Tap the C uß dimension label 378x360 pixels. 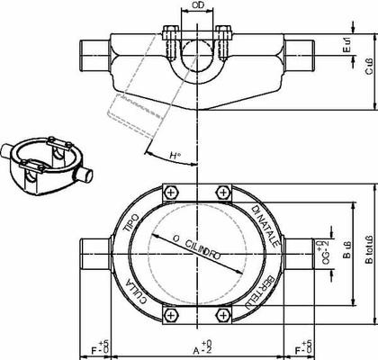pos(369,67)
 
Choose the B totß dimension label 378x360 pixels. pos(369,249)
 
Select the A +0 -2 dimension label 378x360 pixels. pos(197,348)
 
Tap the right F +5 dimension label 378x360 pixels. pos(302,348)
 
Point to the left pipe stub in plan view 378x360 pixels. pos(97,251)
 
